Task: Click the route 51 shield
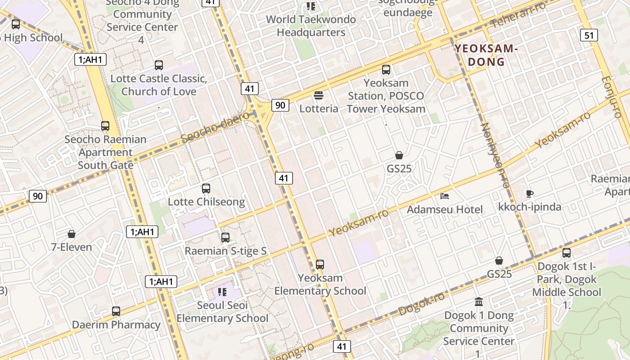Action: [589, 35]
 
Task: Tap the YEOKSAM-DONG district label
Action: [486, 55]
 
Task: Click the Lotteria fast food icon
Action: [319, 95]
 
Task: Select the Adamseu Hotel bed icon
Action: [445, 196]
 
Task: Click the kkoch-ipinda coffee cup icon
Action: [530, 193]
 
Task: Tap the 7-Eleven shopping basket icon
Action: [71, 234]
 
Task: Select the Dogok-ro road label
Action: [421, 304]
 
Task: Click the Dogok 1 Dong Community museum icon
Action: [479, 301]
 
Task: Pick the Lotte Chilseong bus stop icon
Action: [206, 188]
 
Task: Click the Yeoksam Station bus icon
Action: [386, 69]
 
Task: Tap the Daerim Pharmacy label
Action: [116, 324]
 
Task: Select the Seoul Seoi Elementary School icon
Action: [222, 292]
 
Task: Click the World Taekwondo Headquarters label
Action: [310, 26]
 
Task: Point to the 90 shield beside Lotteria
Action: [280, 105]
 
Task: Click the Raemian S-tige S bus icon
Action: [225, 237]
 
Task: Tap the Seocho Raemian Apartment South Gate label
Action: [106, 152]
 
